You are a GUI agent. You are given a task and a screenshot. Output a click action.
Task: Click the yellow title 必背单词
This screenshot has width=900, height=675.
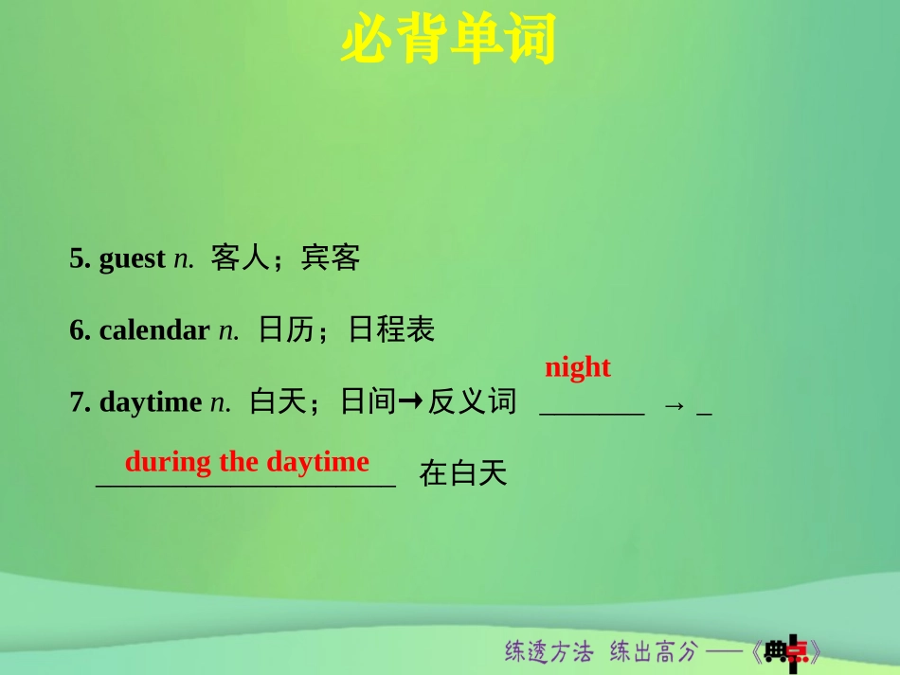coord(448,40)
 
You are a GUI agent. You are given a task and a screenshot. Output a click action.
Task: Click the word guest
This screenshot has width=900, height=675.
coord(132,258)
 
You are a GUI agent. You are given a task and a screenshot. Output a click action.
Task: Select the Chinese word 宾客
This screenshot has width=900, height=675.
coord(331,258)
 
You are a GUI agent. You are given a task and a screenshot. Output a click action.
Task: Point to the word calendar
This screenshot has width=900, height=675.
coord(153,329)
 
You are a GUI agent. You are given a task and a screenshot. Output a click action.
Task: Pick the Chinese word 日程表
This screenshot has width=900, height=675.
coord(391,329)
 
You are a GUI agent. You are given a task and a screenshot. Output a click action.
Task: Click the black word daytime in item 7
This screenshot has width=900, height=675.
coord(150,402)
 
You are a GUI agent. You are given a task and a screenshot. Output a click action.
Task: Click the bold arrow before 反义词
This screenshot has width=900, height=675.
coord(409,402)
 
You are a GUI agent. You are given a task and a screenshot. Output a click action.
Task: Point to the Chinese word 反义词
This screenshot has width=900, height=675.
coord(472,402)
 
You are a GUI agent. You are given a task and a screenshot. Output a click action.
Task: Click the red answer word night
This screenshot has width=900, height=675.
coord(578,367)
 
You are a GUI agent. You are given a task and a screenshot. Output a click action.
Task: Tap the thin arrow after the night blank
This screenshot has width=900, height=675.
coord(674,405)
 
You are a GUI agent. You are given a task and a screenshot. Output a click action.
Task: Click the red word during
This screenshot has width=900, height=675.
coord(168,462)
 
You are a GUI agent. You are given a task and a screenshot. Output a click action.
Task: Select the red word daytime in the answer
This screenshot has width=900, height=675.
coord(317,462)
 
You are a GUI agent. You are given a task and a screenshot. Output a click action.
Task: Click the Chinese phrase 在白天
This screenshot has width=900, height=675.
coord(463,473)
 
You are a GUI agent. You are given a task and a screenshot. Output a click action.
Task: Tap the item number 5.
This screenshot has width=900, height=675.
coord(79,258)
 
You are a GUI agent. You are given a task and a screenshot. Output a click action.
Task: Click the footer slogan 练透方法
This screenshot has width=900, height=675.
coord(549,651)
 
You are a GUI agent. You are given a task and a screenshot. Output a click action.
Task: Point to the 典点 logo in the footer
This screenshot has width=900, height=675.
coord(787,651)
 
